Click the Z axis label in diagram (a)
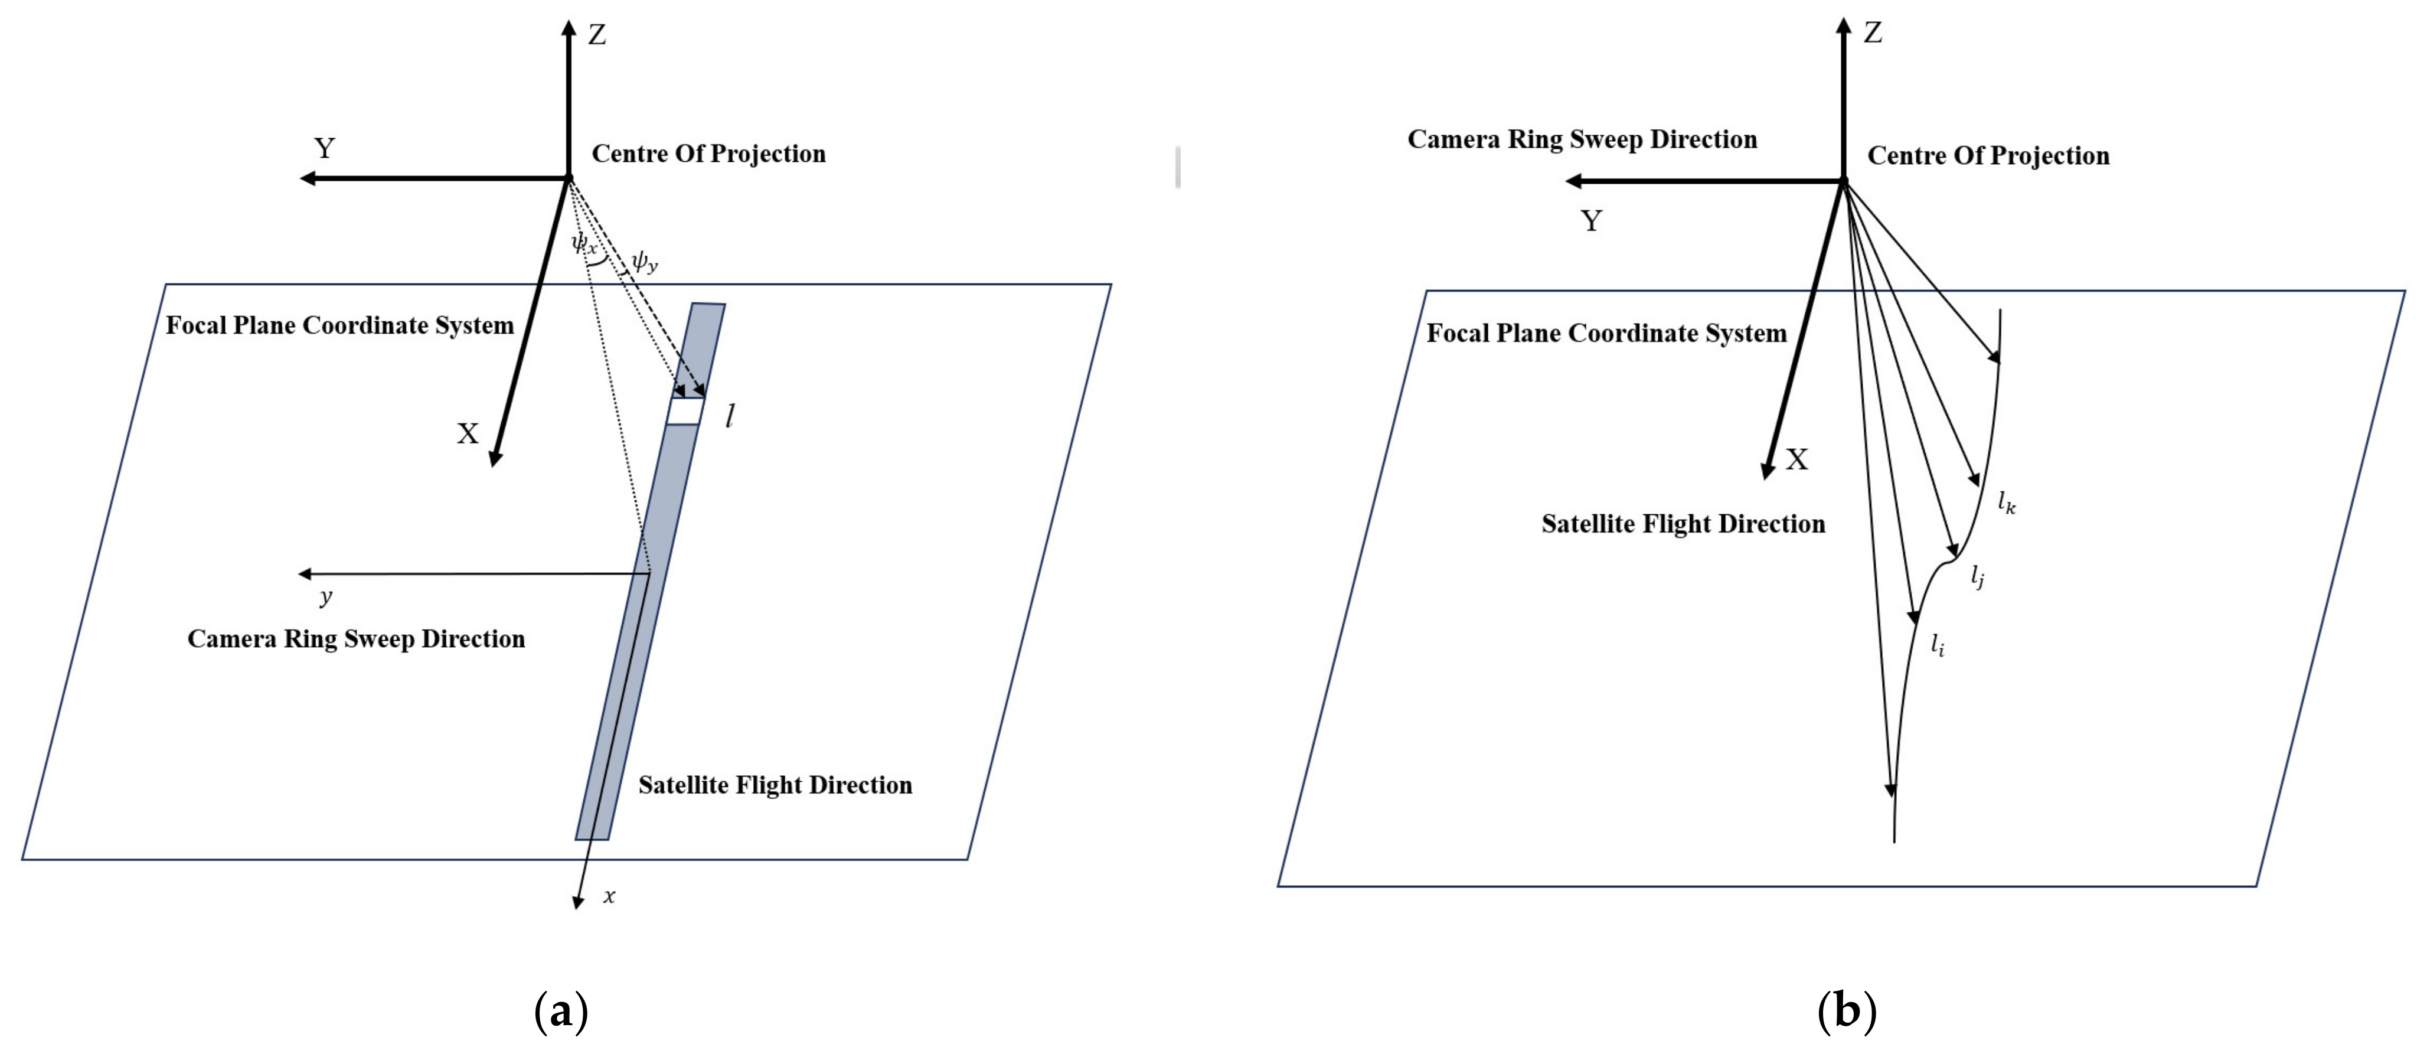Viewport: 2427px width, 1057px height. click(597, 35)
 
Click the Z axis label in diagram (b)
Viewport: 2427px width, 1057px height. click(1873, 33)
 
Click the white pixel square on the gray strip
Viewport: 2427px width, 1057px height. click(685, 412)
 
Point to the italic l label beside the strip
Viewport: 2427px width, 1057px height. click(730, 416)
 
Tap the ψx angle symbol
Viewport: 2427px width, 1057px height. click(584, 244)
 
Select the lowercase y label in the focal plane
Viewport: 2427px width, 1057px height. click(326, 596)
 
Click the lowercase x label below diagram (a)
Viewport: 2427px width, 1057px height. click(610, 896)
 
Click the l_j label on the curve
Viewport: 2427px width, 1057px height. click(1978, 576)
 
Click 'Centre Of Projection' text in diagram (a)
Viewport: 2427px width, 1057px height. click(708, 154)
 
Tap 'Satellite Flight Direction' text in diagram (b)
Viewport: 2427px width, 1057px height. click(1683, 524)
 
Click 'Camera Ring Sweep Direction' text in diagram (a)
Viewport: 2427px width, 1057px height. click(356, 639)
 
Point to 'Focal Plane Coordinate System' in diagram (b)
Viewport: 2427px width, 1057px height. click(1606, 332)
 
